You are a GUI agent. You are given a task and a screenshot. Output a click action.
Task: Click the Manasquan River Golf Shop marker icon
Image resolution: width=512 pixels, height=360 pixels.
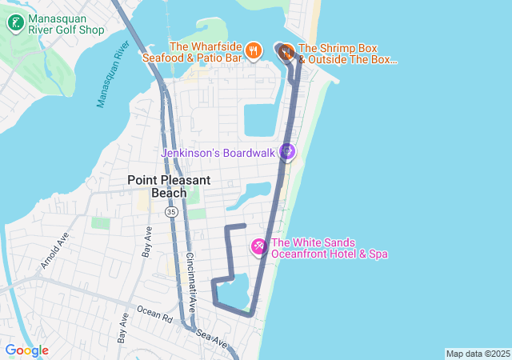15,23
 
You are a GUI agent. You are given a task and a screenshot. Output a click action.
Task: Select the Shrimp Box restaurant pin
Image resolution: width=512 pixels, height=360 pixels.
286,53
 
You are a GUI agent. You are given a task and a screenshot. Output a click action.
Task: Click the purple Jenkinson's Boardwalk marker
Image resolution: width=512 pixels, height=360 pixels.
287,151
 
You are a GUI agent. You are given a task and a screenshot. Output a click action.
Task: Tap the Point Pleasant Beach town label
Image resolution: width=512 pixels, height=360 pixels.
169,186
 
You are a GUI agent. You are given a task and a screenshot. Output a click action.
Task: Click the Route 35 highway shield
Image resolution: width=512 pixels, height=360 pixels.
171,212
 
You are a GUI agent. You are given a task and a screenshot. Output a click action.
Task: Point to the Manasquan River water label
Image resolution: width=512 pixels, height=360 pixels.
113,73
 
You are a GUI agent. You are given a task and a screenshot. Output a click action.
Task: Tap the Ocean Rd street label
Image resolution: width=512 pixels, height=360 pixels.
154,313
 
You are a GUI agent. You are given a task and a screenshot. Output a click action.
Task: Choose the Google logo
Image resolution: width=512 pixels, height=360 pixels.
26,350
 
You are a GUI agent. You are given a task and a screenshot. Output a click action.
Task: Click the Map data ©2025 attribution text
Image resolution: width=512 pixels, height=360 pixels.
478,354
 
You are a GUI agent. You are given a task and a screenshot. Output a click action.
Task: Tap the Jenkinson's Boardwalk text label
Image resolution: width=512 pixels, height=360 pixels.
218,152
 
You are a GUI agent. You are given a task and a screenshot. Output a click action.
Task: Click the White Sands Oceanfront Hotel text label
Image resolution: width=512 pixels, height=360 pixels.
330,249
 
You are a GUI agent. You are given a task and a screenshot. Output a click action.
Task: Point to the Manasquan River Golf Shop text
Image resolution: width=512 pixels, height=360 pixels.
66,24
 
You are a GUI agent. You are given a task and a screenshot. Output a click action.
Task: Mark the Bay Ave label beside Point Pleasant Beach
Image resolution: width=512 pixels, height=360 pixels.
147,240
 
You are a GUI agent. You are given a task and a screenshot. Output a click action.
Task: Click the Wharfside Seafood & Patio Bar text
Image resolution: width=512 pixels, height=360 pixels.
193,52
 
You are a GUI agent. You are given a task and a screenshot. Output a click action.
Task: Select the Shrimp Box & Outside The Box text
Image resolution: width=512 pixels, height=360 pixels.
347,54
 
